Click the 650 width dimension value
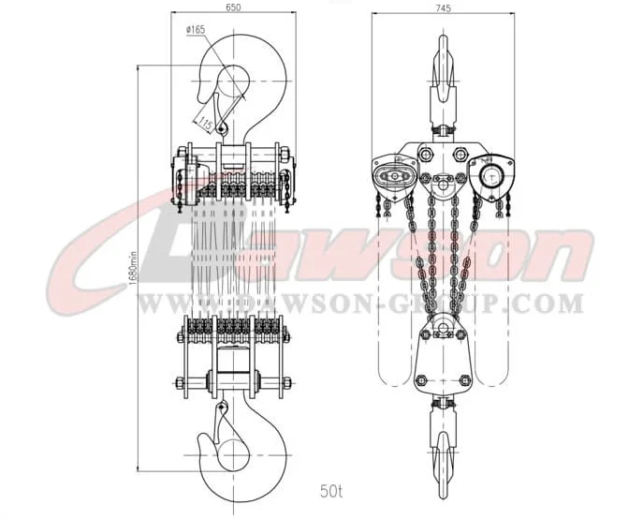(x=234, y=7)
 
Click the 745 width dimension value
(x=444, y=7)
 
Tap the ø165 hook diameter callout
(x=196, y=30)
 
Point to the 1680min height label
(x=132, y=268)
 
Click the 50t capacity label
(x=331, y=491)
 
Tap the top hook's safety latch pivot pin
(x=222, y=129)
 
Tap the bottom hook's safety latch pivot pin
(x=222, y=408)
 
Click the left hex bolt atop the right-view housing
(x=426, y=154)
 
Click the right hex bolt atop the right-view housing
(x=460, y=154)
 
